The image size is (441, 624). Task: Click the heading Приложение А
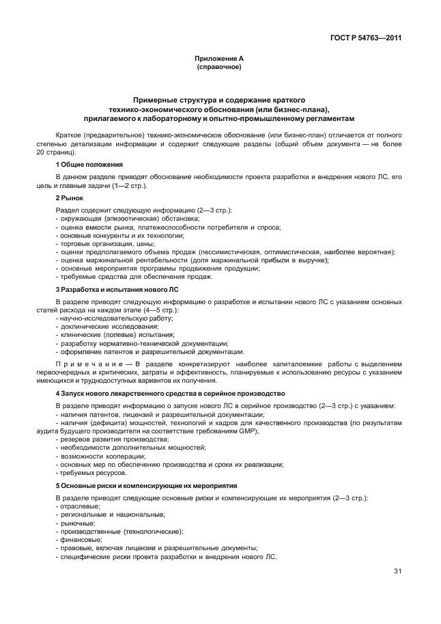pyautogui.click(x=218, y=59)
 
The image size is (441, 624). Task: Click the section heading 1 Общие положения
pyautogui.click(x=89, y=165)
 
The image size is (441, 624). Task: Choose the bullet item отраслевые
pyautogui.click(x=79, y=506)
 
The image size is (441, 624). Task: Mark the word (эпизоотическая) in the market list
pyautogui.click(x=124, y=217)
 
